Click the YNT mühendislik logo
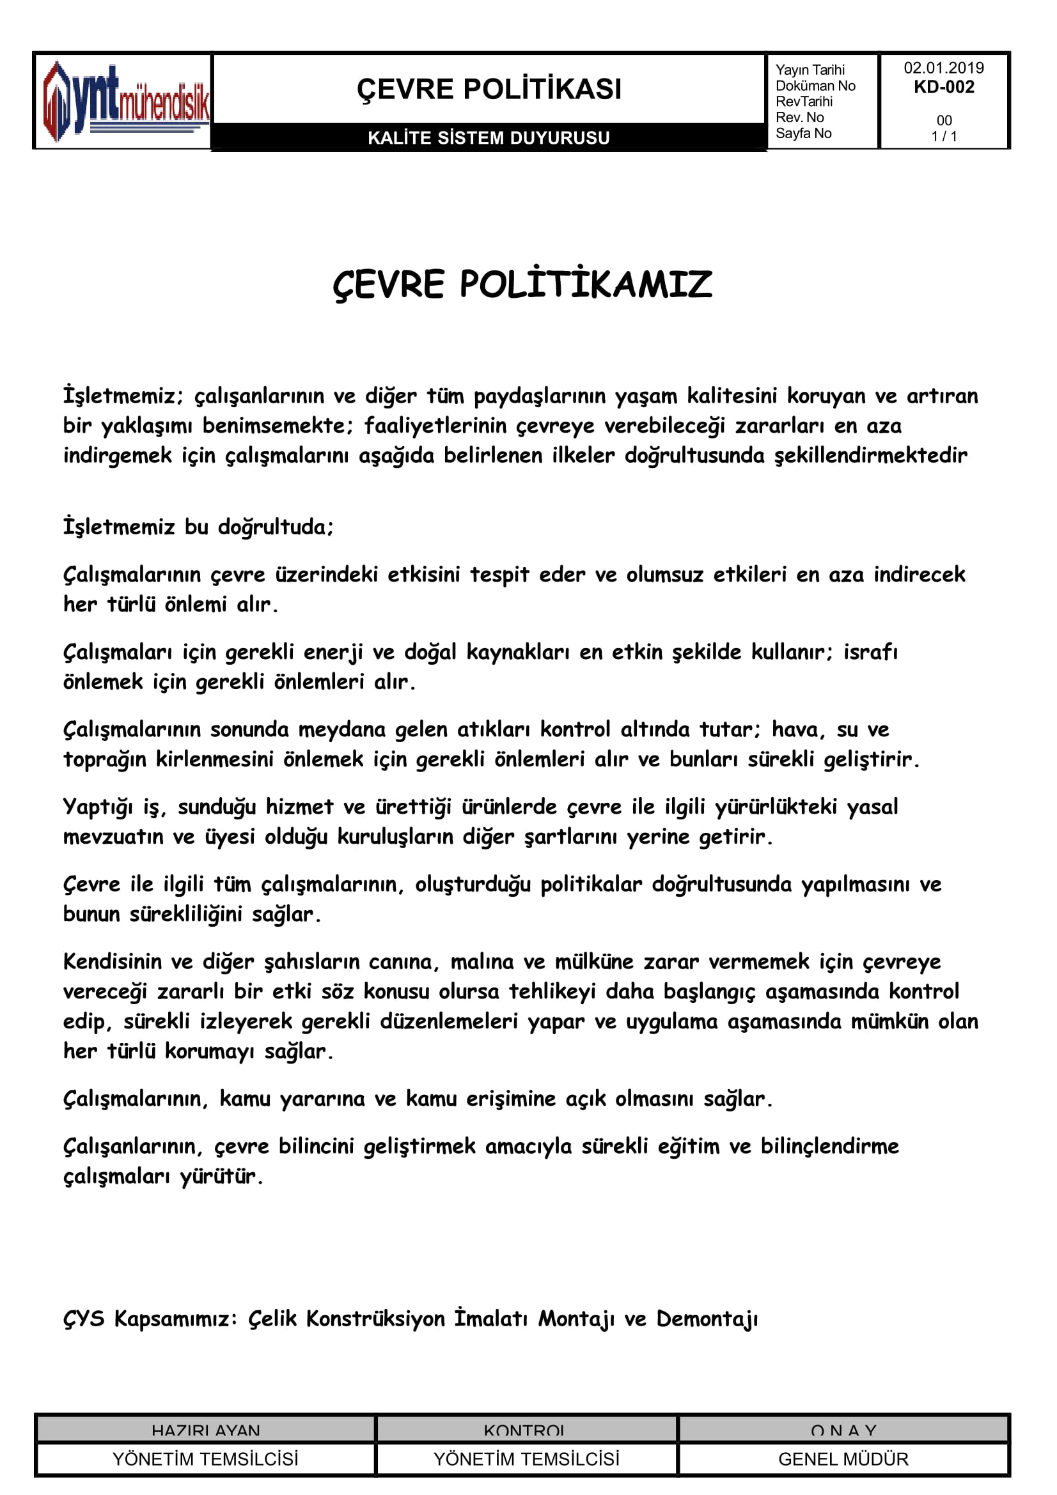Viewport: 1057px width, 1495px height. (x=124, y=101)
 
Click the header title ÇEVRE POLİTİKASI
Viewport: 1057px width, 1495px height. (x=489, y=89)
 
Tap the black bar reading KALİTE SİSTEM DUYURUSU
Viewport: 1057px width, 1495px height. (x=489, y=137)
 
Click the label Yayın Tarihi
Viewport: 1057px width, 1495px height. (x=810, y=70)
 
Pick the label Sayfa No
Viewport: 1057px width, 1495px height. (x=803, y=134)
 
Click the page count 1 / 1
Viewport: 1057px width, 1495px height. (x=944, y=136)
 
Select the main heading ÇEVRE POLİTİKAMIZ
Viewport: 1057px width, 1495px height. (x=522, y=284)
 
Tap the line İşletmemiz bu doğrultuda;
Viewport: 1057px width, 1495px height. (x=198, y=527)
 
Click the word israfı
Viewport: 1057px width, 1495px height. (x=871, y=652)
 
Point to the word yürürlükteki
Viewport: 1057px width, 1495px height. (x=776, y=807)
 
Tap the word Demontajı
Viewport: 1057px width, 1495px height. (x=707, y=1319)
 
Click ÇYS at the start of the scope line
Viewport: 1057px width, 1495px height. (x=83, y=1319)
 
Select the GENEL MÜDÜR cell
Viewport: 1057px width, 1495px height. (x=843, y=1459)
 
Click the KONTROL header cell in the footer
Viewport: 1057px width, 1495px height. (x=525, y=1430)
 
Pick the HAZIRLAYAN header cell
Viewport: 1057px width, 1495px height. (x=205, y=1430)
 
